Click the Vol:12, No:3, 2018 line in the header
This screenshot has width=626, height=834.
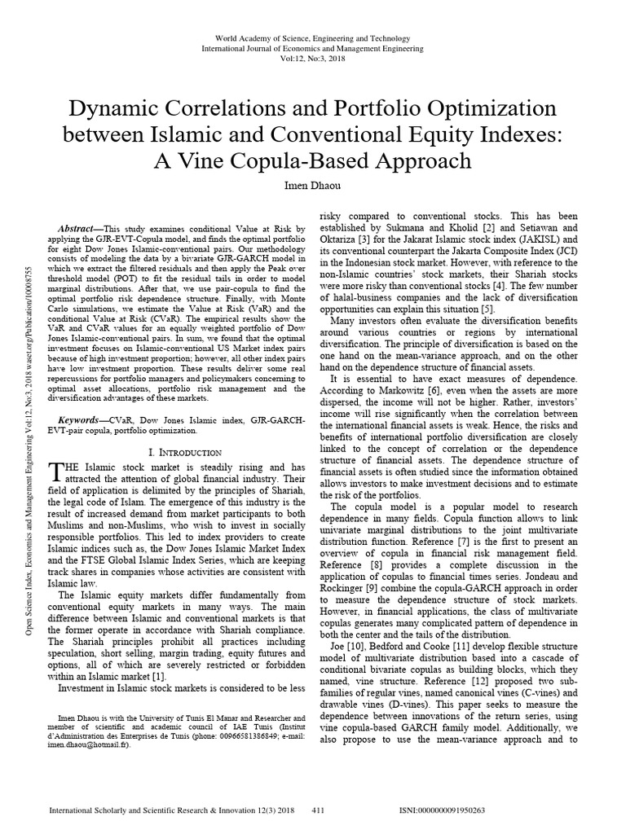coord(312,59)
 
